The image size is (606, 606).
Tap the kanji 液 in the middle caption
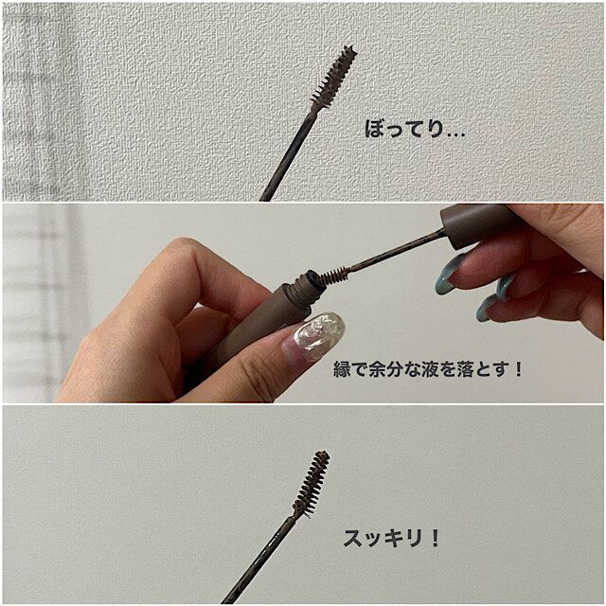(x=419, y=369)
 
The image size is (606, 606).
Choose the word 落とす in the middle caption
(x=481, y=369)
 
